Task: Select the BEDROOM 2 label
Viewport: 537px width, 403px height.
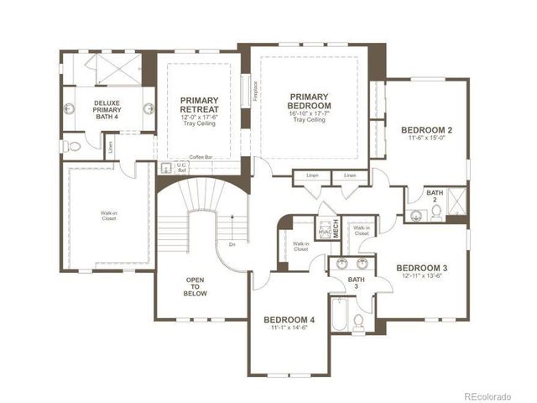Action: click(426, 130)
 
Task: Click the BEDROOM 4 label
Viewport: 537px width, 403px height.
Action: click(289, 320)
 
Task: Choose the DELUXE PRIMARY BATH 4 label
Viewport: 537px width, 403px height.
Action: click(107, 109)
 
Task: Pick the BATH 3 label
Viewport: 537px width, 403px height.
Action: click(357, 283)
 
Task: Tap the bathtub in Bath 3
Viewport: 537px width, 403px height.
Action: click(338, 317)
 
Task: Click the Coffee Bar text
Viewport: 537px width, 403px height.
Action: click(201, 157)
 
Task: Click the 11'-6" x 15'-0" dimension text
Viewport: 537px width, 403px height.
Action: click(426, 140)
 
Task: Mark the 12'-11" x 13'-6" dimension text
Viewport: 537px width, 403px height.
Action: click(422, 278)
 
